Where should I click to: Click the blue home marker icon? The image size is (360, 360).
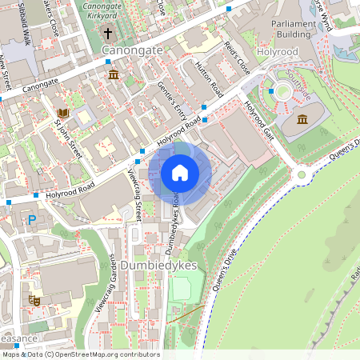tap(180, 173)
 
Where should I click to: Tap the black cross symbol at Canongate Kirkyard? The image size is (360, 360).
tap(108, 34)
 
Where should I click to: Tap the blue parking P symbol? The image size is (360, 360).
tap(32, 219)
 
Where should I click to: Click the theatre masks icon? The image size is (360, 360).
tap(34, 300)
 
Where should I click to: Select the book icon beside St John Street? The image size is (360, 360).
tap(62, 114)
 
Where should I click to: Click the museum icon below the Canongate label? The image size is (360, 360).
tap(113, 75)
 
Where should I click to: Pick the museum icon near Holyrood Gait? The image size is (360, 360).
tap(302, 120)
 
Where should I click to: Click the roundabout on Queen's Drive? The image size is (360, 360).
tap(302, 175)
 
